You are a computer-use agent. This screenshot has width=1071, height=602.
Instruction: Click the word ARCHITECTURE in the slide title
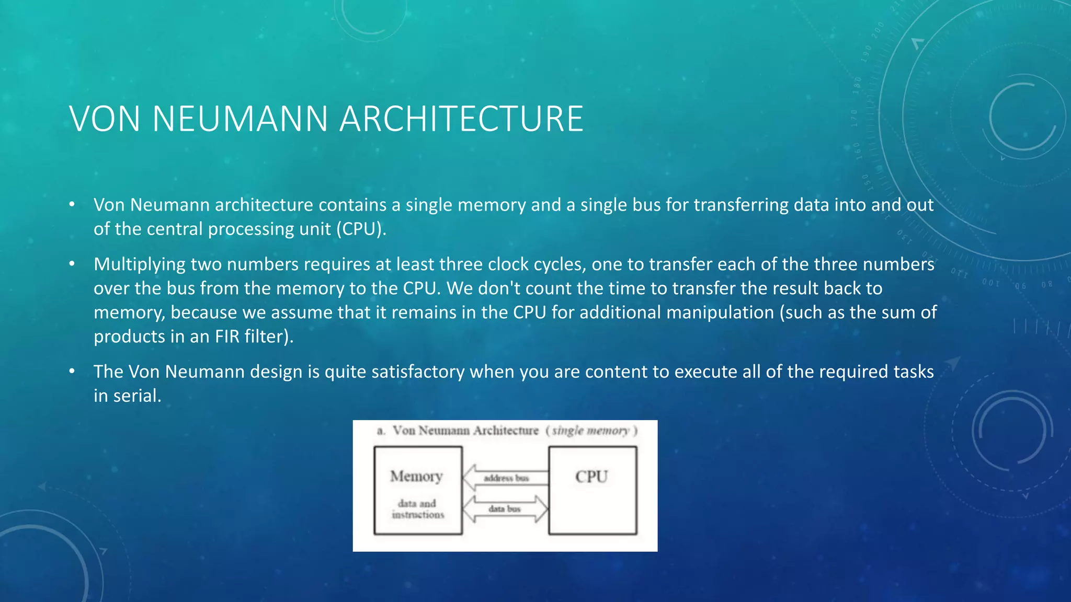pyautogui.click(x=461, y=119)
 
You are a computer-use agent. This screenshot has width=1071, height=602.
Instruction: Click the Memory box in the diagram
pyautogui.click(x=418, y=490)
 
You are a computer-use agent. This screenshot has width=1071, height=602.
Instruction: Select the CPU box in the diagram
pyautogui.click(x=593, y=490)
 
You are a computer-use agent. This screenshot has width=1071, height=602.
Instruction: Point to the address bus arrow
pyautogui.click(x=505, y=478)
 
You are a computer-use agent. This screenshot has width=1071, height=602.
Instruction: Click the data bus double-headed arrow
pyautogui.click(x=505, y=508)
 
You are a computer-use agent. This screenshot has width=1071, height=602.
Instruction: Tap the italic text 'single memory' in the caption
pyautogui.click(x=591, y=431)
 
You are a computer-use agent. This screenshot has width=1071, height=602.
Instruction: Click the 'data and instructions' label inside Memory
pyautogui.click(x=417, y=509)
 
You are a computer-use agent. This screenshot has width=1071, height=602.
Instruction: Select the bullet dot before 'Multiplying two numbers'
pyautogui.click(x=72, y=264)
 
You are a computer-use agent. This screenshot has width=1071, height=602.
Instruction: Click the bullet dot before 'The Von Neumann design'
pyautogui.click(x=72, y=372)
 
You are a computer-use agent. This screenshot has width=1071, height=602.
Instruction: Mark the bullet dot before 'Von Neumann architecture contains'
pyautogui.click(x=72, y=204)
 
